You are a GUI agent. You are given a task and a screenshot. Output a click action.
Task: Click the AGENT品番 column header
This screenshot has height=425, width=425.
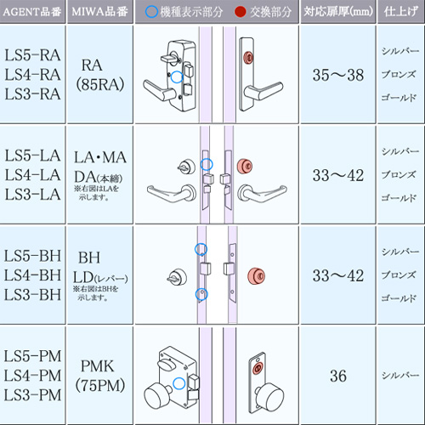point(32,12)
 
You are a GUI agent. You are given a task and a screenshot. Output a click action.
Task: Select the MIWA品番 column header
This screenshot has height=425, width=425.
point(99,12)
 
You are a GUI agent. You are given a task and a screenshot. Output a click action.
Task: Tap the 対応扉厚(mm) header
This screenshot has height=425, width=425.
point(338,12)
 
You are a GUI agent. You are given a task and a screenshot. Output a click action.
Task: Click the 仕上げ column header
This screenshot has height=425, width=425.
point(401,12)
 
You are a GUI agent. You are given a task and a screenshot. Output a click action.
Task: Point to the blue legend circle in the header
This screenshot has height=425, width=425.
point(151,12)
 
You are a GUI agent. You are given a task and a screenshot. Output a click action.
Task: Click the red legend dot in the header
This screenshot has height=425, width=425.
point(241,12)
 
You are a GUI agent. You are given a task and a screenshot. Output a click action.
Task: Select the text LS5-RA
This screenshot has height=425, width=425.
point(32,55)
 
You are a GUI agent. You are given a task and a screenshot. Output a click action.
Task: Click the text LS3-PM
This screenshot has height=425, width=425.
point(32,395)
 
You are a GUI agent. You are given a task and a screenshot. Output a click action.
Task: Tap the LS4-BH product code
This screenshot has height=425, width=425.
point(32,275)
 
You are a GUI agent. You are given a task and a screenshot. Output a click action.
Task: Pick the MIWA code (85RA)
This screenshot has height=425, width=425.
point(100,84)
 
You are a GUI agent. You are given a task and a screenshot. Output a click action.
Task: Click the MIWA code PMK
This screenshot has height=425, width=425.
point(97,366)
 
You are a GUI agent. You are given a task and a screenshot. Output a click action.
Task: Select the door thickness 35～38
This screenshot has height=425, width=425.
point(338,75)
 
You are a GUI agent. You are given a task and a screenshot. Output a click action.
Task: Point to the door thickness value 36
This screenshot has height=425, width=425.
point(338,376)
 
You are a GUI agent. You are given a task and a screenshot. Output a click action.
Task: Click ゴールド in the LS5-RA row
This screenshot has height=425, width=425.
point(399,98)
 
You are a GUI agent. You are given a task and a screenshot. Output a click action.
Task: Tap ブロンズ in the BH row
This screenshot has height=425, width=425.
point(399,275)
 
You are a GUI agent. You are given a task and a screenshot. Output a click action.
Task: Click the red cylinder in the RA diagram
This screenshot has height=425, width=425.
point(248,58)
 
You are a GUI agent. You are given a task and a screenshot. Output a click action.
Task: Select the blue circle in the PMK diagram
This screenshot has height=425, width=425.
point(179,383)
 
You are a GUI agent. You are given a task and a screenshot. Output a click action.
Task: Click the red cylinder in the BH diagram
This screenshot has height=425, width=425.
point(256,275)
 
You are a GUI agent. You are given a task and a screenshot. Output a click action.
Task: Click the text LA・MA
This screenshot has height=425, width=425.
point(100,157)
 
